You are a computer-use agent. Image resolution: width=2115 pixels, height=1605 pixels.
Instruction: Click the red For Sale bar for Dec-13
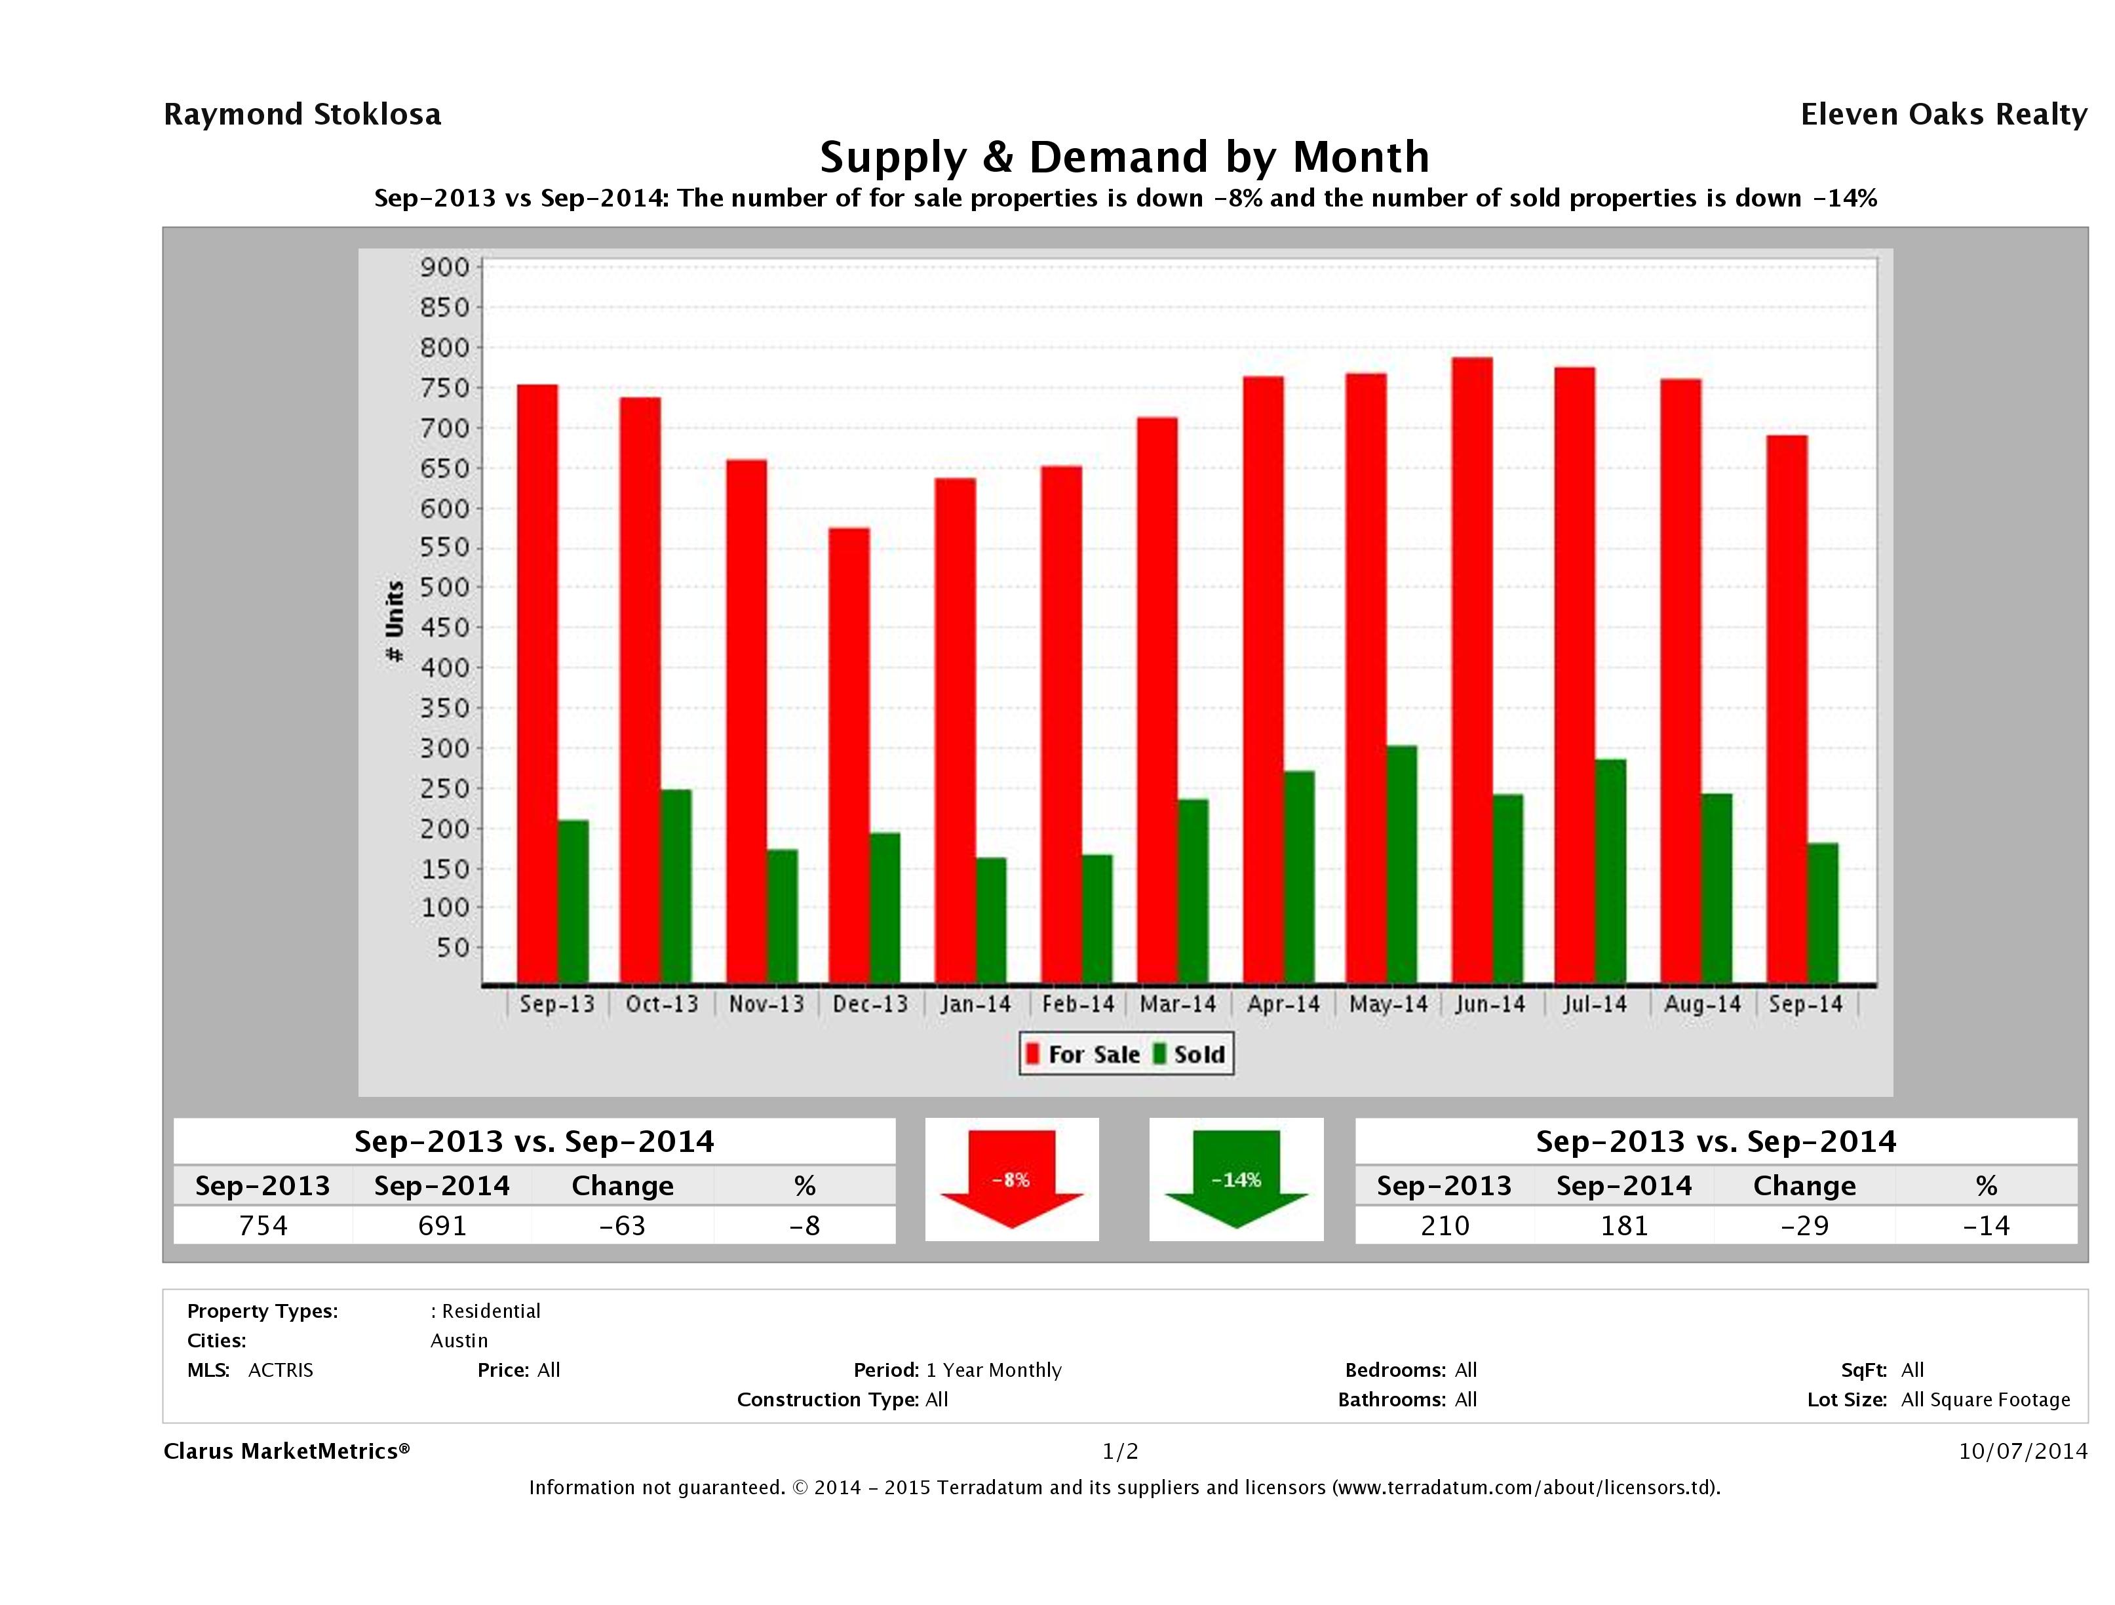pyautogui.click(x=849, y=756)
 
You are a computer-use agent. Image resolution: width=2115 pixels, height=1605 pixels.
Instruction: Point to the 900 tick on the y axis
pyautogui.click(x=446, y=267)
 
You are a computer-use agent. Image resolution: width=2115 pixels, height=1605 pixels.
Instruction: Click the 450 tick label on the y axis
pyautogui.click(x=446, y=627)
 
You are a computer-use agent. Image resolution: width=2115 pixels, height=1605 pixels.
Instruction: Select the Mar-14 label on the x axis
pyautogui.click(x=1178, y=1004)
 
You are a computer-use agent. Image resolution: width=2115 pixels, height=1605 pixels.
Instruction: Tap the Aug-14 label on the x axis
pyautogui.click(x=1702, y=1004)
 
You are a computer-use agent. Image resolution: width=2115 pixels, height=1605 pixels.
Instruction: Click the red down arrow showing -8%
pyautogui.click(x=1011, y=1179)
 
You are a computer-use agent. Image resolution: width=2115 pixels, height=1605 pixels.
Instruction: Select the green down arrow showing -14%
pyautogui.click(x=1236, y=1179)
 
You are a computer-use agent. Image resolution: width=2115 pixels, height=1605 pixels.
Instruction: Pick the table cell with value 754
pyautogui.click(x=263, y=1225)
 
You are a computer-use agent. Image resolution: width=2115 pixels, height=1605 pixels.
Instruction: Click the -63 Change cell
pyautogui.click(x=623, y=1225)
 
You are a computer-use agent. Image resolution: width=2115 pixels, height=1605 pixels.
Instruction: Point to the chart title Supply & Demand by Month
pyautogui.click(x=1125, y=157)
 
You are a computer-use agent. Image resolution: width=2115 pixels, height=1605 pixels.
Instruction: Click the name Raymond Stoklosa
pyautogui.click(x=302, y=115)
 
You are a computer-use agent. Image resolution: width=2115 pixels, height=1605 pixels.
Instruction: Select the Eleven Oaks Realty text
pyautogui.click(x=1943, y=115)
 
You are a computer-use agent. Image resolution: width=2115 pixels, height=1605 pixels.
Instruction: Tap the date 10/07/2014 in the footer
pyautogui.click(x=2022, y=1451)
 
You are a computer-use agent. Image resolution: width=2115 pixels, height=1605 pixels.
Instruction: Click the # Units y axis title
pyautogui.click(x=394, y=621)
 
